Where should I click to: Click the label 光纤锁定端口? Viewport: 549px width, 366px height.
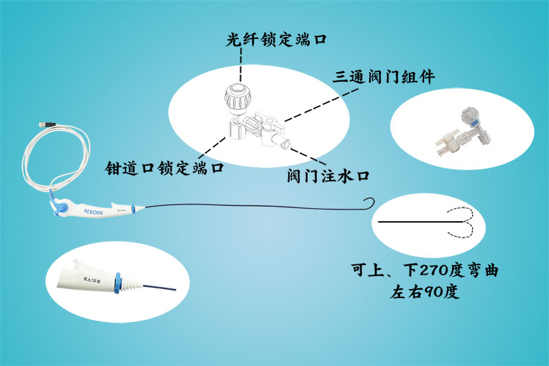(276, 39)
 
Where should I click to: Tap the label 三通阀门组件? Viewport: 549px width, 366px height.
(384, 77)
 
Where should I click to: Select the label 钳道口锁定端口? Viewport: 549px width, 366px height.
(164, 168)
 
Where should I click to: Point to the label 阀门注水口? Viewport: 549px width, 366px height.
(328, 176)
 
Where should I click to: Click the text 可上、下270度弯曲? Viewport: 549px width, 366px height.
(425, 270)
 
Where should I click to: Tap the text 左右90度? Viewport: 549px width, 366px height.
(425, 292)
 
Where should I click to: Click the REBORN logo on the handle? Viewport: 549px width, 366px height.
(93, 212)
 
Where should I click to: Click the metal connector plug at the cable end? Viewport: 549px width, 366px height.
(47, 124)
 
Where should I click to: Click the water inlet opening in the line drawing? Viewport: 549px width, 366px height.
(285, 144)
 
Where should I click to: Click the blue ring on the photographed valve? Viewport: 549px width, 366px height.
(474, 124)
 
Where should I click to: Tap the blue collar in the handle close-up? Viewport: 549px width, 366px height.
(117, 282)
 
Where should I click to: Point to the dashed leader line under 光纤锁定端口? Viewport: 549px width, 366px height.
(241, 65)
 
